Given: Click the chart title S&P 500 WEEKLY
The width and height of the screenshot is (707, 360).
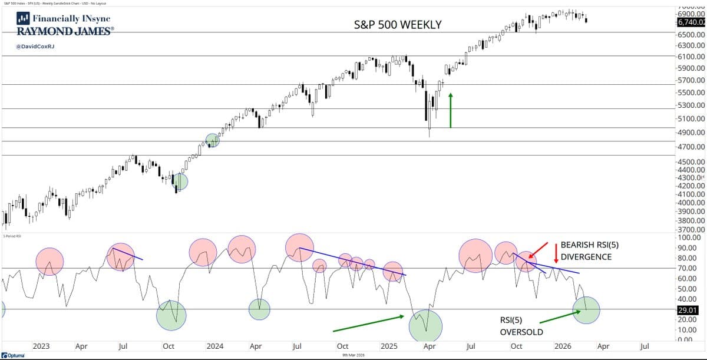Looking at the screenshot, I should (x=398, y=25).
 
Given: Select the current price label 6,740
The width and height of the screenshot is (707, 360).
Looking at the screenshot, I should (x=691, y=22).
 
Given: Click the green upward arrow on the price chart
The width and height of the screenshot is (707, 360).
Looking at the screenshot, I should (x=451, y=110).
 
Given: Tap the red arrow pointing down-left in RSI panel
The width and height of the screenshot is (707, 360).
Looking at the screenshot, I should (x=541, y=250).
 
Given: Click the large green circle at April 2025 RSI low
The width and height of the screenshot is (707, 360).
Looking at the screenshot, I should (x=425, y=326).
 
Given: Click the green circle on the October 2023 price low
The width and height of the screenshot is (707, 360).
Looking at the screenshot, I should (x=180, y=181).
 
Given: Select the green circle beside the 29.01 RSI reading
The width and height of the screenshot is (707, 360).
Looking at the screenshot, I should (x=586, y=309).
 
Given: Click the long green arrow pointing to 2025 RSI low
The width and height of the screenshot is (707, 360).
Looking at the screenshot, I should (x=368, y=323).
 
